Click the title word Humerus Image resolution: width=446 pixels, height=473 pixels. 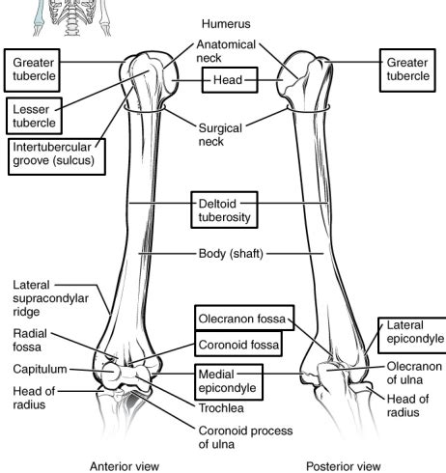click(226, 22)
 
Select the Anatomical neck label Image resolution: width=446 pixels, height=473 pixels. click(226, 52)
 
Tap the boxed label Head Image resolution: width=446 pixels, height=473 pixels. click(229, 80)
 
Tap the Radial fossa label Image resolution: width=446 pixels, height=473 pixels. click(31, 340)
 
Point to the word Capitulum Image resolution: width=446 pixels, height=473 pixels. click(40, 369)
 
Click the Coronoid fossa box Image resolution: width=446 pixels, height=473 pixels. click(239, 344)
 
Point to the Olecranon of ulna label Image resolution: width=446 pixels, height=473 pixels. click(414, 374)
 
